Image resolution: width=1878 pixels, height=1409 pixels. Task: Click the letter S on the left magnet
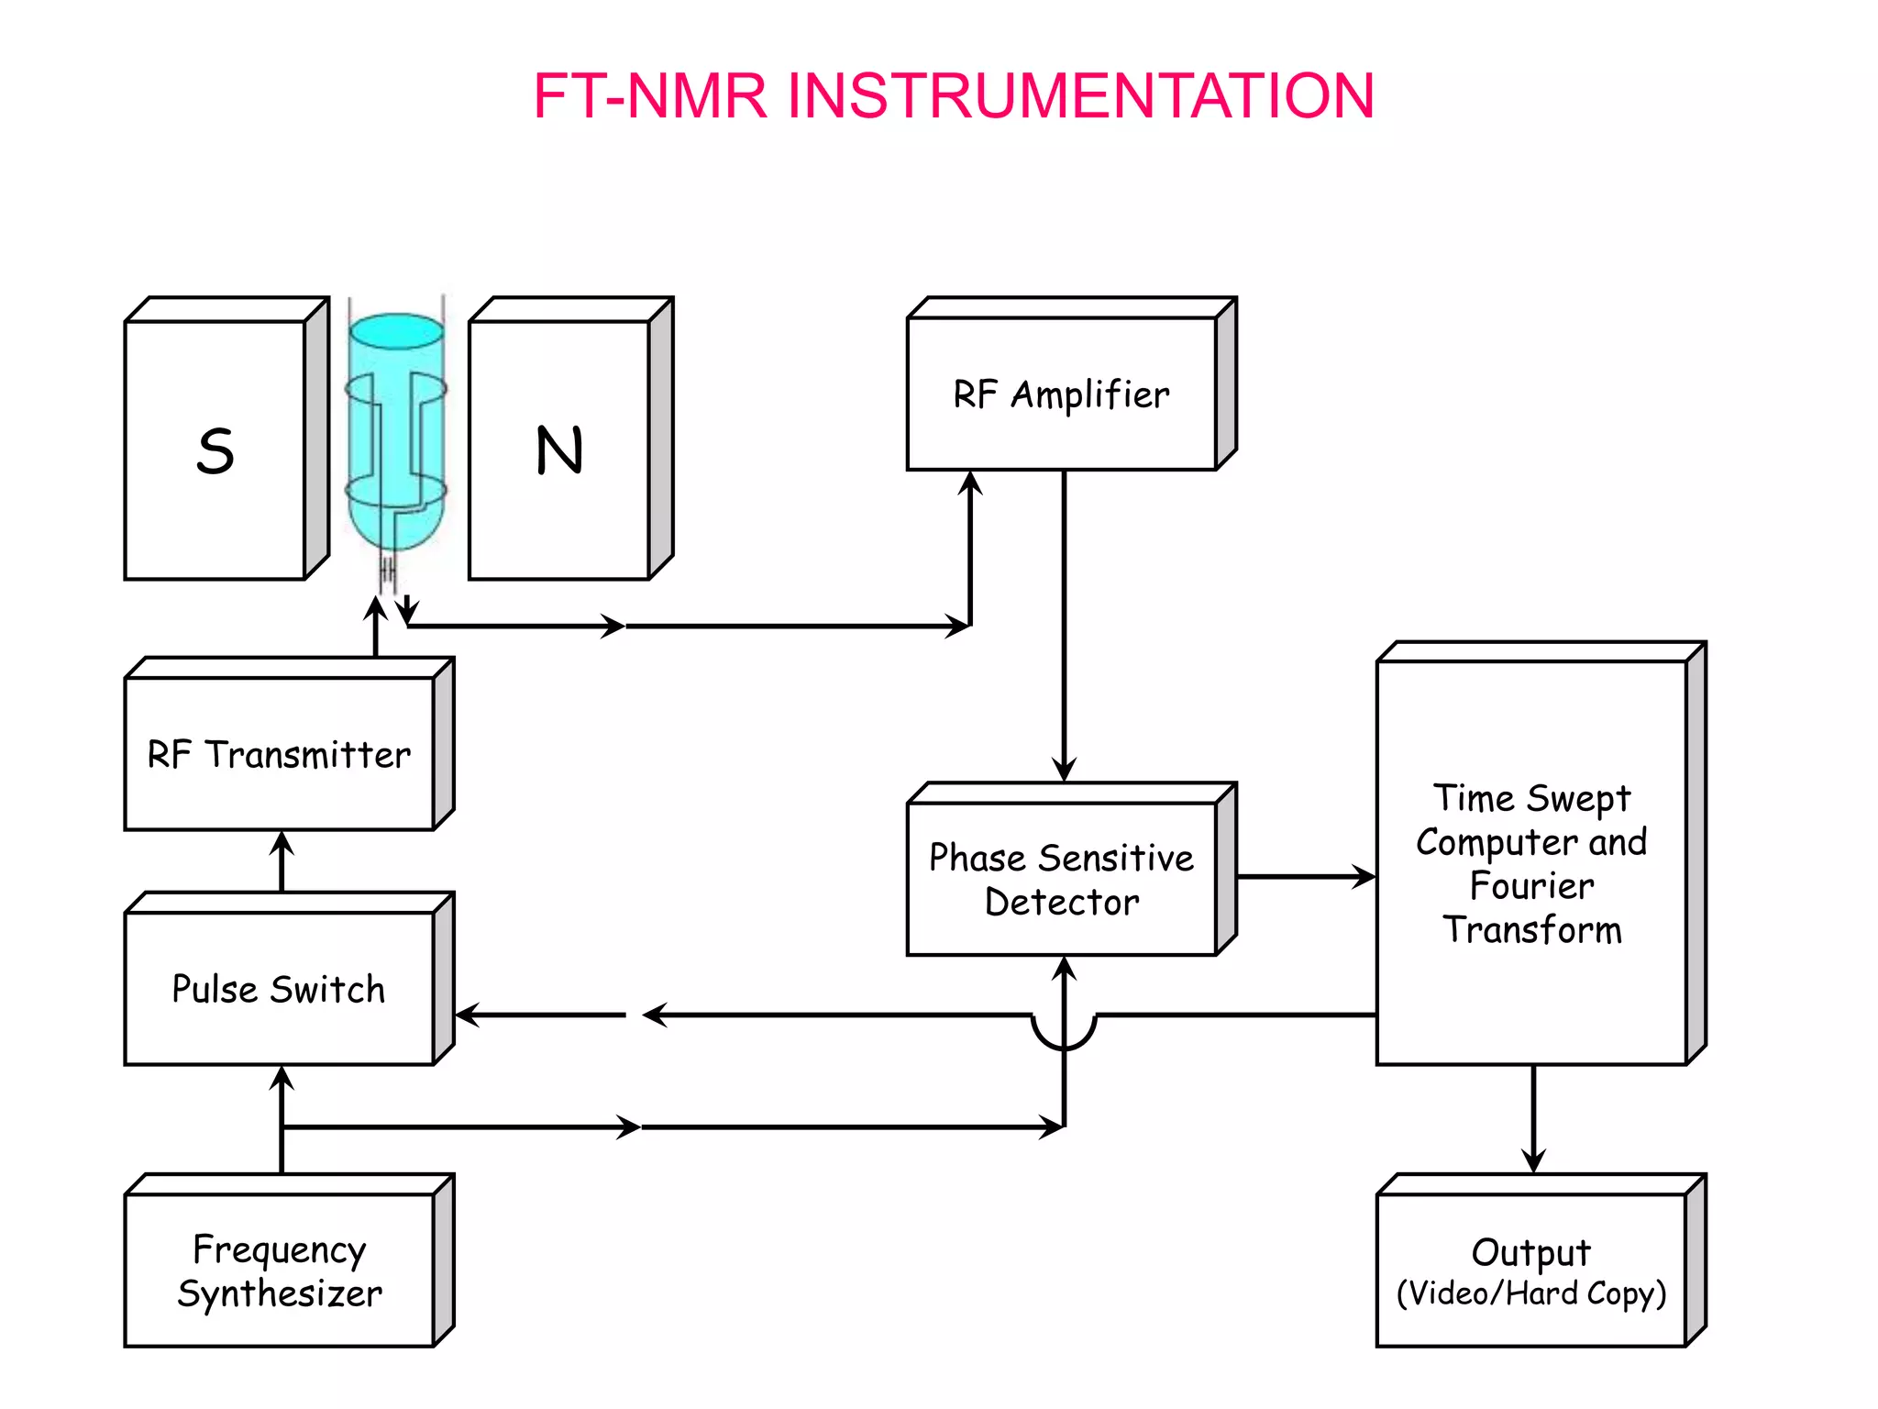pos(215,451)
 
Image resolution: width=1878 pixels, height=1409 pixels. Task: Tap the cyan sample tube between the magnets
pos(396,431)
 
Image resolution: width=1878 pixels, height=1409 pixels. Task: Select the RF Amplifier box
pos(1062,394)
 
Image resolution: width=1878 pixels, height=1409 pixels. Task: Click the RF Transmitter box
pos(279,754)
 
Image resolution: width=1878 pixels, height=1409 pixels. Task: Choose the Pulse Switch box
pos(279,989)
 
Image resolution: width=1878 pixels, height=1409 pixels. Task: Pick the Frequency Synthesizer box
pos(279,1270)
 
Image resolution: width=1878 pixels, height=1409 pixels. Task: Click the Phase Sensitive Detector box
pos(1062,879)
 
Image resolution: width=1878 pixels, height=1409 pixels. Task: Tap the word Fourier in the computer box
pos(1531,886)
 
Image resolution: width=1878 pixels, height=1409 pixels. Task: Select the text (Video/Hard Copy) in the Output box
pos(1530,1293)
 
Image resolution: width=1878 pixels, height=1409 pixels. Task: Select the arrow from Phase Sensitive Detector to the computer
pos(1306,877)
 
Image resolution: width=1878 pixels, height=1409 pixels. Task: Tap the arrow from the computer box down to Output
pos(1533,1119)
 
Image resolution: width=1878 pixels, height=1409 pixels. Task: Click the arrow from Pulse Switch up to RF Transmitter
pos(282,860)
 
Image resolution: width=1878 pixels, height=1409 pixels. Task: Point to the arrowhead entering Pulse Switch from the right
pos(468,1015)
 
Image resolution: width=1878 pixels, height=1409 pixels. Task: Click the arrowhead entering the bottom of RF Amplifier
pos(970,483)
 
